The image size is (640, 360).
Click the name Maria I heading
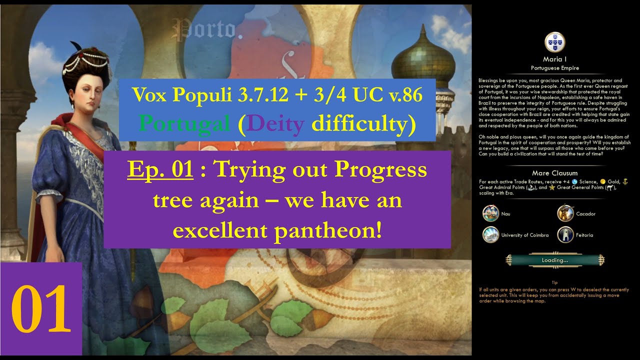[x=554, y=59]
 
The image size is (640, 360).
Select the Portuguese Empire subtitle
[x=554, y=67]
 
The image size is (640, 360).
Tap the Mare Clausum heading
[x=554, y=173]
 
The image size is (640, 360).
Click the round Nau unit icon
[x=490, y=213]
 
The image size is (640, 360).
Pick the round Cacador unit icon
[x=565, y=213]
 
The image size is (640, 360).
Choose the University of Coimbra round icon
[x=490, y=235]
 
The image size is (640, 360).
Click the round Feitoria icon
[x=565, y=235]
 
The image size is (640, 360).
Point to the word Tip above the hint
[x=554, y=282]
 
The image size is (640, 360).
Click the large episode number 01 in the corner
[x=40, y=309]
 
